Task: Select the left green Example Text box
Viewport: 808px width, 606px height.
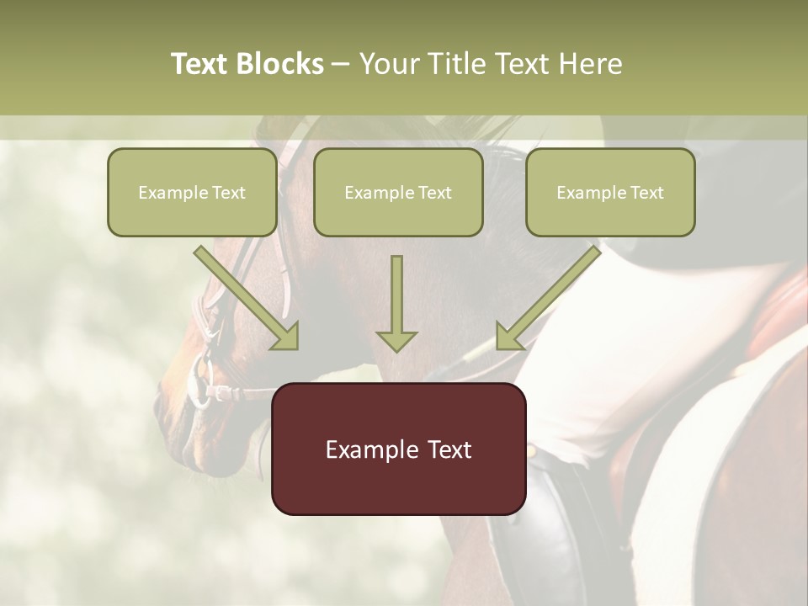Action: coord(192,193)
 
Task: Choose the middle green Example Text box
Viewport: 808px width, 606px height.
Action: coord(398,193)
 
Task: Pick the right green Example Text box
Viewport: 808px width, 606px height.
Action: coord(610,193)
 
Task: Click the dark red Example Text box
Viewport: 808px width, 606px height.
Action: coord(398,449)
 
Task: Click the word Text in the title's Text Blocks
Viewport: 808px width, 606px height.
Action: coord(199,64)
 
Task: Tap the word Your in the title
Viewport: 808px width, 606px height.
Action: coord(389,64)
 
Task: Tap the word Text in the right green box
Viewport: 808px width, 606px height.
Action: coord(646,193)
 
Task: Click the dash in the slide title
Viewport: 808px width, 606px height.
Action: coord(341,64)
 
